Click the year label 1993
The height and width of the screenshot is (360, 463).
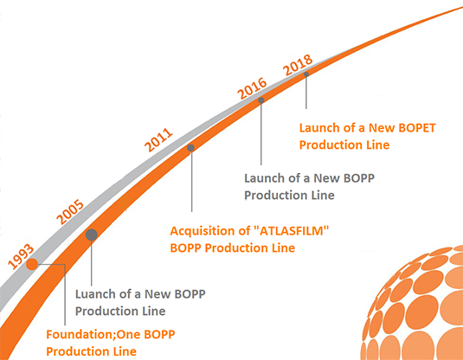21,256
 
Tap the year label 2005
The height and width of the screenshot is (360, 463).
70,212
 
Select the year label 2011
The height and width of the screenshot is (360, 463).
158,139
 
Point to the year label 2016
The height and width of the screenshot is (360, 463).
252,88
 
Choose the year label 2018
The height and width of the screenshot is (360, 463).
298,65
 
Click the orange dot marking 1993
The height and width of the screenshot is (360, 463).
32,264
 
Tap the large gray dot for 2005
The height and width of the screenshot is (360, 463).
92,235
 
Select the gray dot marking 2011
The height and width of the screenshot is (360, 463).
190,148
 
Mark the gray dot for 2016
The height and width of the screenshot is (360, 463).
261,100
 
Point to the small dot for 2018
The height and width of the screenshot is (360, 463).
306,74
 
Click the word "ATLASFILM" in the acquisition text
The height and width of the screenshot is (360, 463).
291,231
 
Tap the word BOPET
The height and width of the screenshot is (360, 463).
417,128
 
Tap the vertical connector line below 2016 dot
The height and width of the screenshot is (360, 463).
261,134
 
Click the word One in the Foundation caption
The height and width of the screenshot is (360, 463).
129,335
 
